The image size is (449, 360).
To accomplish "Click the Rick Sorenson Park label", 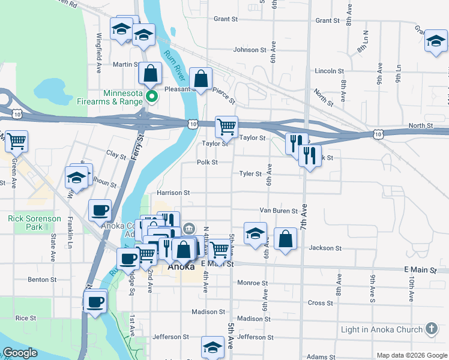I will (x=34, y=223).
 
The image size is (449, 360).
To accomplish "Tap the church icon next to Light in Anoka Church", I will (x=431, y=329).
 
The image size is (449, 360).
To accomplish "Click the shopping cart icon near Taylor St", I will (x=226, y=127).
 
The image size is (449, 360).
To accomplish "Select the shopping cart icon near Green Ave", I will (x=16, y=141).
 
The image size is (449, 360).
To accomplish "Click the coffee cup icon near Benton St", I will (x=95, y=301).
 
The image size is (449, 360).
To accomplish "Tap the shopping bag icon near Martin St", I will (x=150, y=74).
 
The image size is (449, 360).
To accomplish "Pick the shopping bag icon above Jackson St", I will (x=285, y=239).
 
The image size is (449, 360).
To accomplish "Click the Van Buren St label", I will (x=279, y=211).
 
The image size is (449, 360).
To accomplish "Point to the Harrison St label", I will (x=173, y=193).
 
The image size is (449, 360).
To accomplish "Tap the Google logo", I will (x=20, y=353).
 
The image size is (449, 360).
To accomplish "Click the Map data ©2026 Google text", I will (x=411, y=355).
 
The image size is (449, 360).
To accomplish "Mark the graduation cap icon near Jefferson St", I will (x=212, y=347).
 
